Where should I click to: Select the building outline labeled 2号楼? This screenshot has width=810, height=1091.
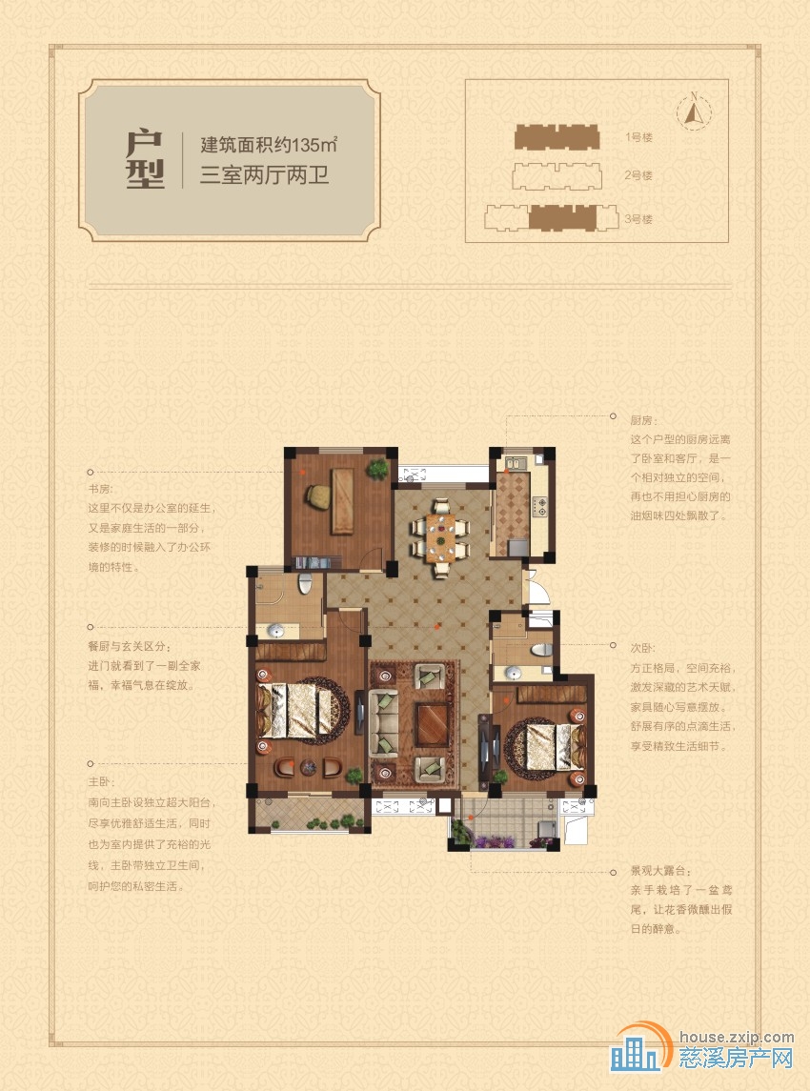point(556,176)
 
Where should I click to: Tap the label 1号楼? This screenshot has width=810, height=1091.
point(638,138)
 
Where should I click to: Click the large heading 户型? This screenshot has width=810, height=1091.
point(146,159)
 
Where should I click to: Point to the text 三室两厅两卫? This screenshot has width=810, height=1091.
point(264,174)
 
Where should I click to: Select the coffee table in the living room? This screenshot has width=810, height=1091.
point(433,725)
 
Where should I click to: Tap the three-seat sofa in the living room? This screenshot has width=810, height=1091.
point(383,723)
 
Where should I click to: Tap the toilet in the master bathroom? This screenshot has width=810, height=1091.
point(305,582)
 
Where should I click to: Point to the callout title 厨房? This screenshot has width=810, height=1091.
point(643,420)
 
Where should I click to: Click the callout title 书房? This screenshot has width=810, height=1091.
point(100,489)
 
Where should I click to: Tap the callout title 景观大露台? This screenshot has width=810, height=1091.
point(661,871)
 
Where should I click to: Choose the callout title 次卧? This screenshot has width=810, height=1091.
point(643,648)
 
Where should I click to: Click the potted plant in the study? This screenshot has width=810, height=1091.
point(378,469)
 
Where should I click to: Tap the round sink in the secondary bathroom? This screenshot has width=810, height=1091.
point(514,673)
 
